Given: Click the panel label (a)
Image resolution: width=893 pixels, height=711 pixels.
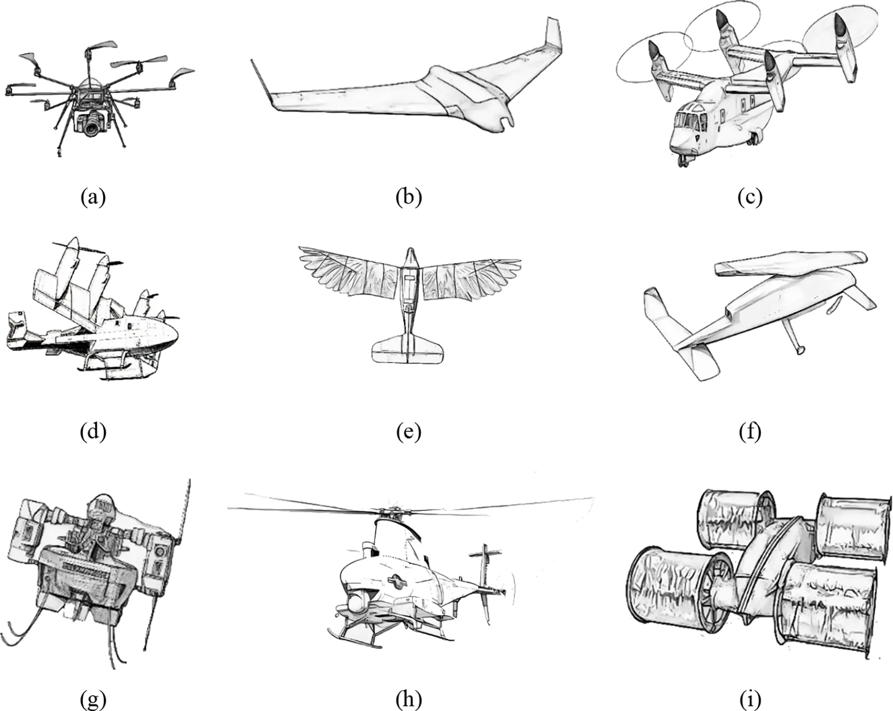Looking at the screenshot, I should [93, 196].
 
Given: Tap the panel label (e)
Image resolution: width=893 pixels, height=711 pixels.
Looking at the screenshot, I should [408, 431].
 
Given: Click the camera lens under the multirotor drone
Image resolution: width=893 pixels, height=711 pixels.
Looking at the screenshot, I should [92, 127].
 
